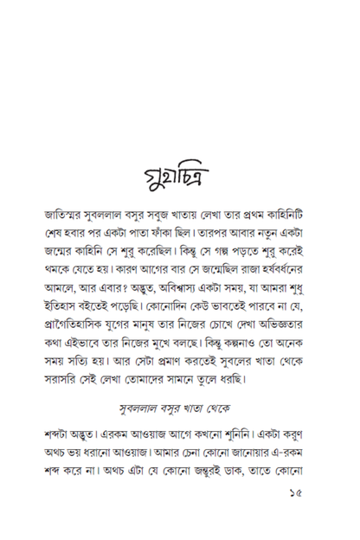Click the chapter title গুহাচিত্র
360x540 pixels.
click(x=179, y=183)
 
